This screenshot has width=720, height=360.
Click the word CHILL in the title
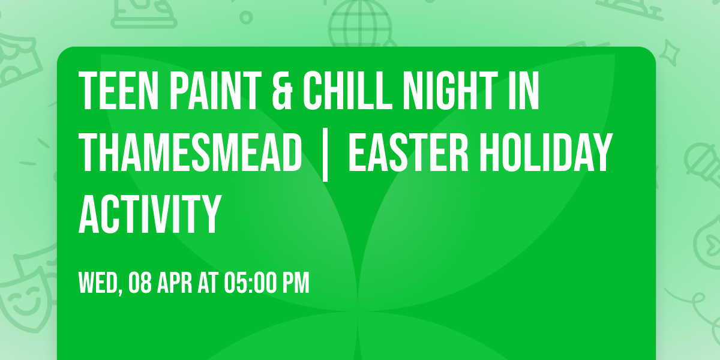(x=351, y=91)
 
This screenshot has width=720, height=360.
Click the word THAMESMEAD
(x=190, y=152)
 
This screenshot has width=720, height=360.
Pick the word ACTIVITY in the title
(x=149, y=214)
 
